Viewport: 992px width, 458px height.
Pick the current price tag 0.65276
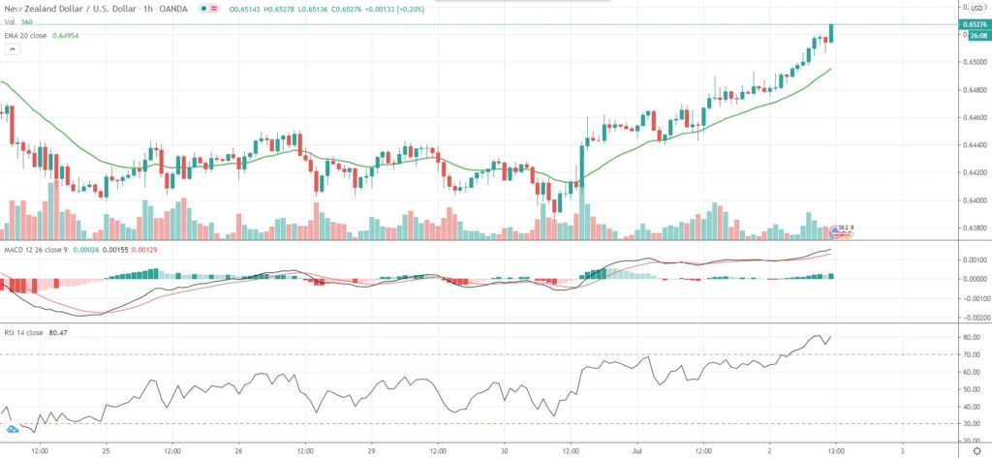976,24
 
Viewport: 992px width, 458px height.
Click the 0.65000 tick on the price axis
972,62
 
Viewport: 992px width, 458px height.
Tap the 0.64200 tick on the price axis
972,173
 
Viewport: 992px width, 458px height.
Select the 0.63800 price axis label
972,229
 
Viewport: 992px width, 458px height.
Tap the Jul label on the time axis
636,450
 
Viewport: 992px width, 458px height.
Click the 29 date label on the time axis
371,450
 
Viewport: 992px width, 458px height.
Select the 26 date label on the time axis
238,450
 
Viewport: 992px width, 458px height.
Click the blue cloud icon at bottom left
12,428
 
